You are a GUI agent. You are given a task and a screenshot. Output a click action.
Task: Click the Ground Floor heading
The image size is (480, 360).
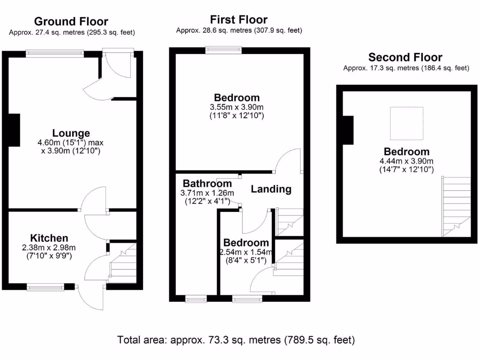71,22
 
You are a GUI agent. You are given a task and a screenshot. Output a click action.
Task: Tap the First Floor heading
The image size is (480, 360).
239,20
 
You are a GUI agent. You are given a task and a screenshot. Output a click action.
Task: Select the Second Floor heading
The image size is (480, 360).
405,58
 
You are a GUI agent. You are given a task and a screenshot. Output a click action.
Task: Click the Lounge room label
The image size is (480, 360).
71,134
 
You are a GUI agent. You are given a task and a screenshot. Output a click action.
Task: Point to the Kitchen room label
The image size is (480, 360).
49,238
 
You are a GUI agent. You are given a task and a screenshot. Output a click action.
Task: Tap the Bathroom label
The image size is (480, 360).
207,184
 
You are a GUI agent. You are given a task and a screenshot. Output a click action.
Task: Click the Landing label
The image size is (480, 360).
271,189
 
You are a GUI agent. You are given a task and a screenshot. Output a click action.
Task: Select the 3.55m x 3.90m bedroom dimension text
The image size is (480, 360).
237,107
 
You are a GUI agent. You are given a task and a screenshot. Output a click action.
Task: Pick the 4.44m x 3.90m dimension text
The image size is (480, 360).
406,161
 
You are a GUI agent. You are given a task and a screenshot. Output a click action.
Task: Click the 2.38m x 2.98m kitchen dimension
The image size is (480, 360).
49,247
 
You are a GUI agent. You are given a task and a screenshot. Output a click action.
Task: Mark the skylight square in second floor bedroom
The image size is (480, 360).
407,123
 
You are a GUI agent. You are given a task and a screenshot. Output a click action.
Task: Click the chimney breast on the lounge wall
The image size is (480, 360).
14,130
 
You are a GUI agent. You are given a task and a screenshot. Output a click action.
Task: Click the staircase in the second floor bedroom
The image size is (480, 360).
456,206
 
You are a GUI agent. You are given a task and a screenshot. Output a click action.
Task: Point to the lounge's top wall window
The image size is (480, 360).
55,53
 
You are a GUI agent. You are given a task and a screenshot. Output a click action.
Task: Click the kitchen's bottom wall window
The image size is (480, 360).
45,287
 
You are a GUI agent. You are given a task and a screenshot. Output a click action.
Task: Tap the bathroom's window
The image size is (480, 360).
196,298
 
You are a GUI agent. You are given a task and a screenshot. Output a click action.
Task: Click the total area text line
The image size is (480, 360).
236,339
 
